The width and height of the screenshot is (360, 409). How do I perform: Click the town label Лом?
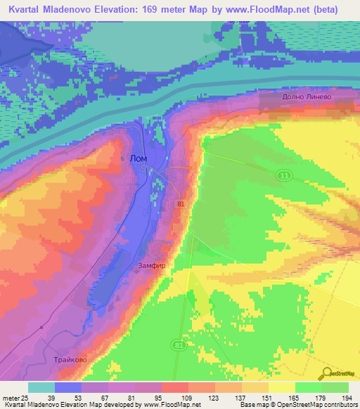pos(139,159)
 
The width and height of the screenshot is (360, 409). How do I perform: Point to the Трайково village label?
pos(70,359)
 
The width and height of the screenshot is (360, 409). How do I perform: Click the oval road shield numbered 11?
pos(283,174)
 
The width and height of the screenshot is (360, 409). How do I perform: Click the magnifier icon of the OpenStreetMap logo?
pos(328,375)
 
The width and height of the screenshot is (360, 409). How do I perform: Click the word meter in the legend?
pos(11,397)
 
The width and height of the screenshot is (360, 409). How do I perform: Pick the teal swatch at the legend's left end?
pos(41,387)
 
